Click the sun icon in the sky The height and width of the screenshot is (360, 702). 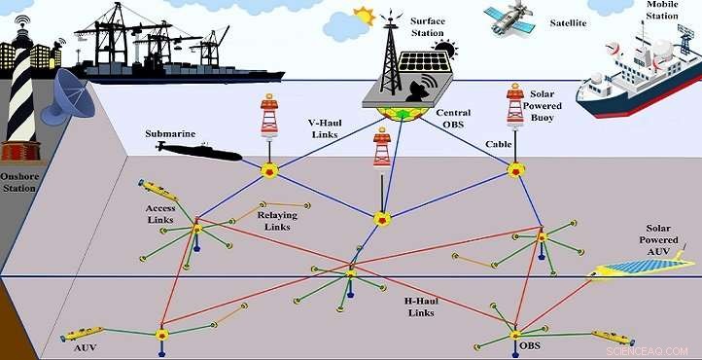pos(365,16)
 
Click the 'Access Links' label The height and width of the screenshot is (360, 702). pos(159,213)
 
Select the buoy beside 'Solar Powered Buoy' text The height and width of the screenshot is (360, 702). pos(515,108)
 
